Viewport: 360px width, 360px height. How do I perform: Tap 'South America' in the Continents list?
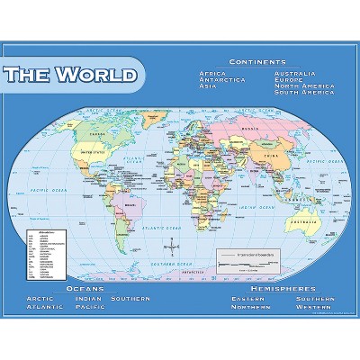[303, 93]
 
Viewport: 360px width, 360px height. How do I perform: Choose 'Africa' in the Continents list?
[212, 72]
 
